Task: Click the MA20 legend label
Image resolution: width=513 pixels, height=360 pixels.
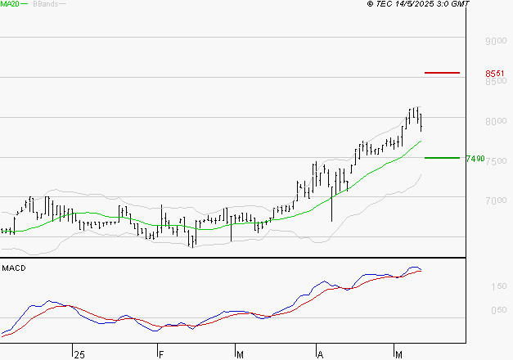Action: pyautogui.click(x=11, y=5)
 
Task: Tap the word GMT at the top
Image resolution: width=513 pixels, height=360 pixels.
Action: pyautogui.click(x=461, y=5)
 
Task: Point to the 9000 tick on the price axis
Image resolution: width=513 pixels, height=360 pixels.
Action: pyautogui.click(x=496, y=41)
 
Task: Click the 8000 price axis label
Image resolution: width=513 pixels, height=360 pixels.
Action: pyautogui.click(x=496, y=121)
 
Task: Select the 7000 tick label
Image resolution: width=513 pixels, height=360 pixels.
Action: pyautogui.click(x=496, y=201)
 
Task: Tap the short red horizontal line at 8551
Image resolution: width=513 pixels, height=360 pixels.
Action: pyautogui.click(x=442, y=73)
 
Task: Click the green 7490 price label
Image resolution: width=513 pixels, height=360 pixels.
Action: pyautogui.click(x=475, y=159)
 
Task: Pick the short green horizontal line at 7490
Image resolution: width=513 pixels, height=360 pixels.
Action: pyautogui.click(x=442, y=158)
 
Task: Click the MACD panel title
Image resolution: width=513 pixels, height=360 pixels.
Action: pyautogui.click(x=14, y=268)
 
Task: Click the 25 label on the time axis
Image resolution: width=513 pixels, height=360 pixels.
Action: pyautogui.click(x=79, y=354)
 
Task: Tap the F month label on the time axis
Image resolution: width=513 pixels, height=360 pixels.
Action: pyautogui.click(x=161, y=354)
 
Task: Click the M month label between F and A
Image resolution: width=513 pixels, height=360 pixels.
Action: pyautogui.click(x=241, y=354)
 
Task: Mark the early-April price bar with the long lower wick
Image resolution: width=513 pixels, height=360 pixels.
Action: pyautogui.click(x=331, y=200)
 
